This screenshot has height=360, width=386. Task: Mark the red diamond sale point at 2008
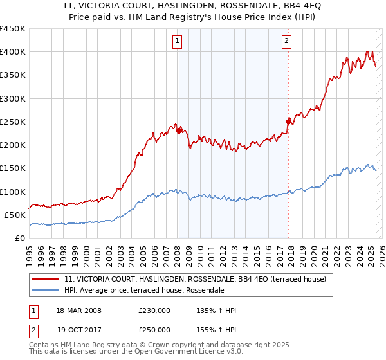point(179,131)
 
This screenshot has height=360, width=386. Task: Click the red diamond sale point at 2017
point(289,120)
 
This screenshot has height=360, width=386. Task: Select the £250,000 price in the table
point(154,330)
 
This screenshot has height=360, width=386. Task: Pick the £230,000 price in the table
point(154,311)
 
